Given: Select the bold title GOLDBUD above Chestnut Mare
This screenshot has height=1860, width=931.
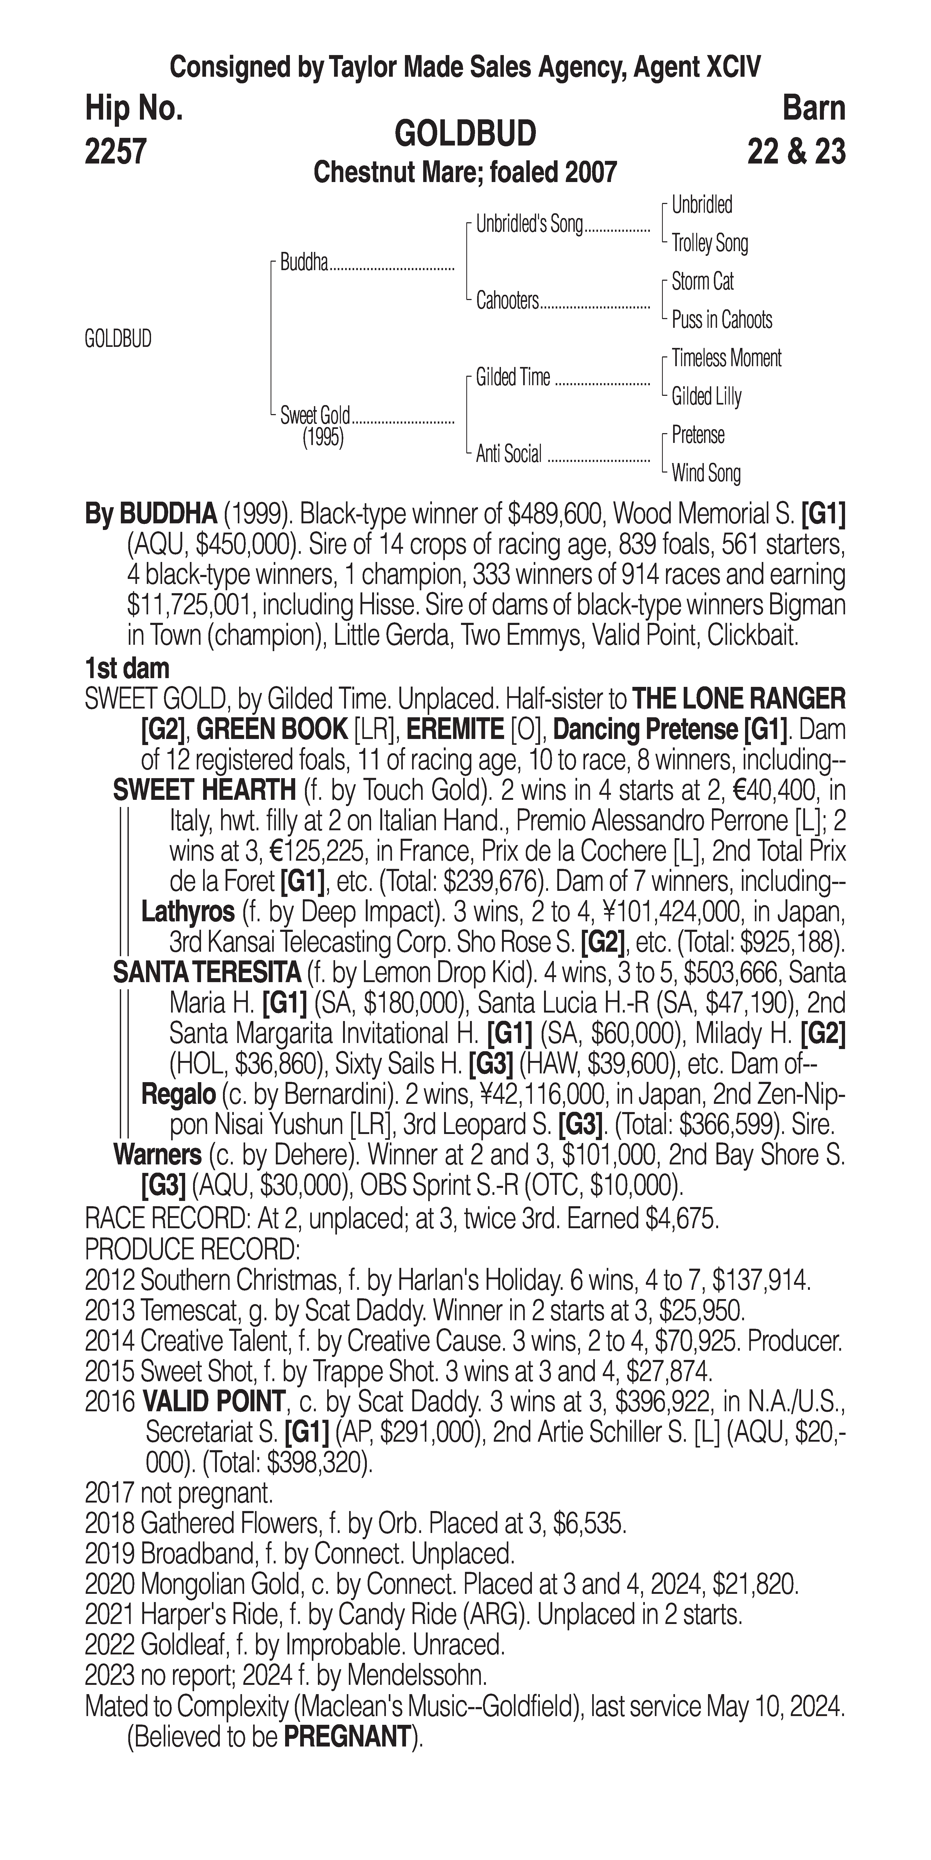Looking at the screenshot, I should (x=465, y=134).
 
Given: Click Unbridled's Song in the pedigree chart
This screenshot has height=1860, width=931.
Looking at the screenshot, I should (x=529, y=225).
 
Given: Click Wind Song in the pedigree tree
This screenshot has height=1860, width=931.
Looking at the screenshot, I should (x=706, y=474).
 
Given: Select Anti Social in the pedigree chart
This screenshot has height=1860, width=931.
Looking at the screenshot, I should (x=509, y=454).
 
